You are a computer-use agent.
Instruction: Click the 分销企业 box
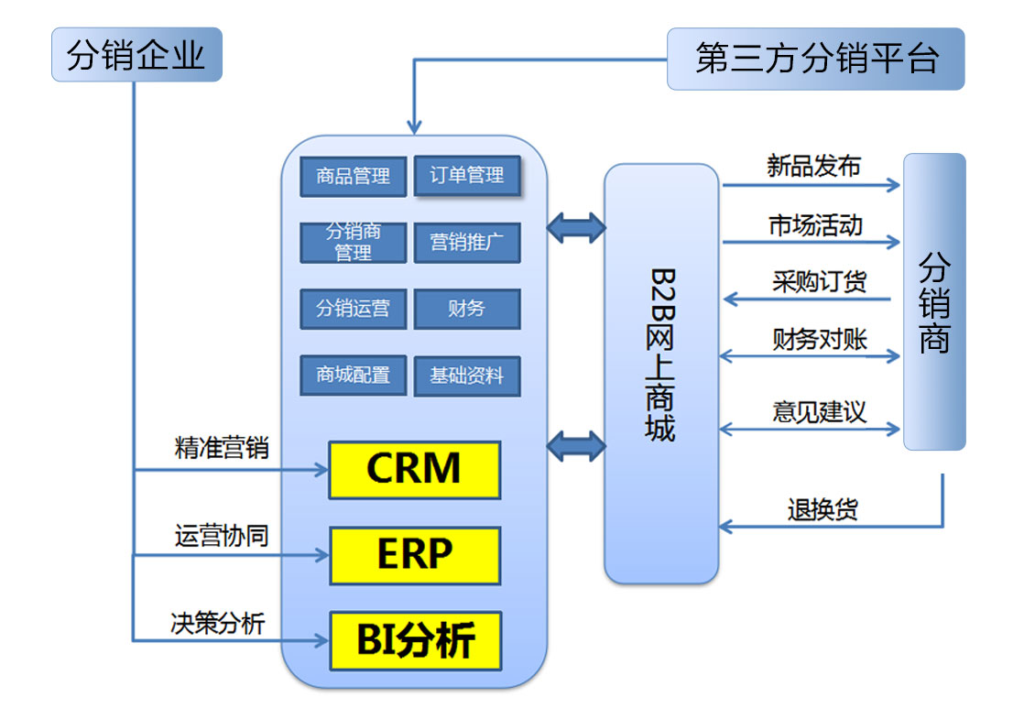136,55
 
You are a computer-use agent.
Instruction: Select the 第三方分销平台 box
815,60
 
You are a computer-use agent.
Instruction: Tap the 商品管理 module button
353,176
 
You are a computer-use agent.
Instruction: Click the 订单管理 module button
467,175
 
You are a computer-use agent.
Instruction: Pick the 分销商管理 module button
353,242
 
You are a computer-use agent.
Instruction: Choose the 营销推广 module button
467,242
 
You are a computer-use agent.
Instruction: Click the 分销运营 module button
353,309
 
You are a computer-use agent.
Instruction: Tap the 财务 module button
467,309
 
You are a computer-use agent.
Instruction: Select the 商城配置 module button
353,376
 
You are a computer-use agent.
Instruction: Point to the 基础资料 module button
467,376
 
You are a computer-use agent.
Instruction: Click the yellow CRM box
414,470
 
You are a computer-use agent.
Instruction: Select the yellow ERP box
414,555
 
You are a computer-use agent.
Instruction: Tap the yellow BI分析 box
414,640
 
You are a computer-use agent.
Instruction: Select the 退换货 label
822,509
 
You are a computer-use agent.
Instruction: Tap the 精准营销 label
221,449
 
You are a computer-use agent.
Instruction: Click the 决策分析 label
217,623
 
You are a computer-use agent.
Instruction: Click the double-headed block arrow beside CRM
576,447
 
